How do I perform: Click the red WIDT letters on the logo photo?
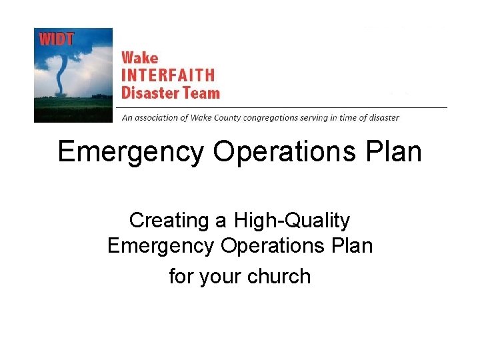(x=56, y=39)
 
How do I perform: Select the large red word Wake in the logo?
(x=139, y=58)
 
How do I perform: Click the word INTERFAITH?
(x=167, y=75)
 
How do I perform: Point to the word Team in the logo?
(x=201, y=92)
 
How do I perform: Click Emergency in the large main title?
(x=131, y=153)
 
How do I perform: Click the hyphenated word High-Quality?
(x=291, y=221)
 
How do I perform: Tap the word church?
(x=279, y=276)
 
